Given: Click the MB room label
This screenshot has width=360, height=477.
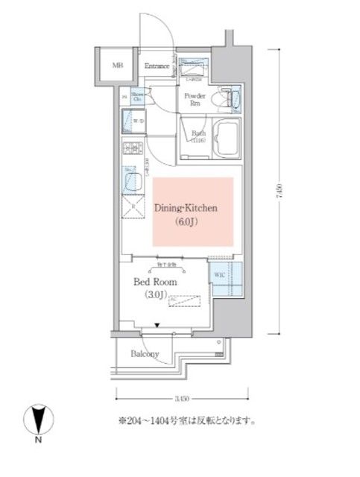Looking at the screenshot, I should tap(117, 66).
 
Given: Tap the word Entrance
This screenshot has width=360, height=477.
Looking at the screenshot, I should tap(158, 66).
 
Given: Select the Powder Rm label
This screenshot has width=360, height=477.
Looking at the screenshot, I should tap(195, 100).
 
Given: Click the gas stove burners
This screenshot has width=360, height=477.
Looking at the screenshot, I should tap(132, 148).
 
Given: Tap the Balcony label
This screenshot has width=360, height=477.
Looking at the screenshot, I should tap(146, 354).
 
